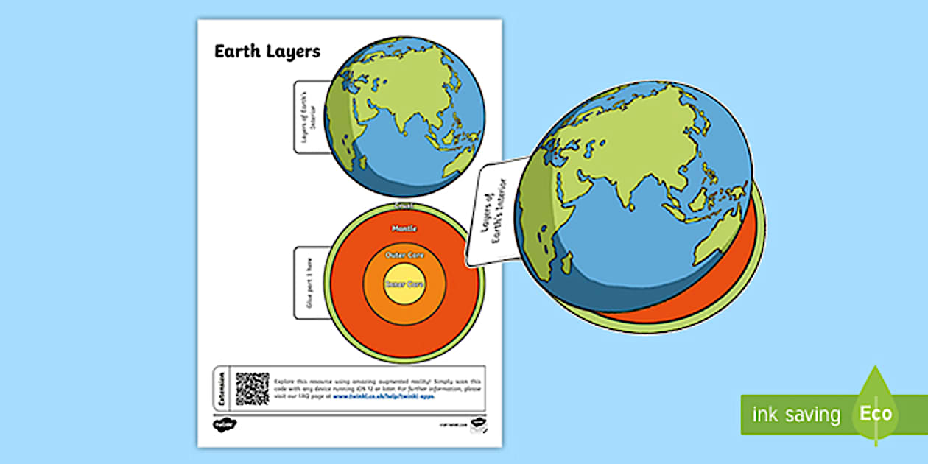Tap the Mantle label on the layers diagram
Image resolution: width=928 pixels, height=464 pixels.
[403, 229]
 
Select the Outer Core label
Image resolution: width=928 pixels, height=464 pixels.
[403, 255]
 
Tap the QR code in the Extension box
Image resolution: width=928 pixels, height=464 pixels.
[252, 387]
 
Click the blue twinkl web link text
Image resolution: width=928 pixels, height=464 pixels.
[383, 396]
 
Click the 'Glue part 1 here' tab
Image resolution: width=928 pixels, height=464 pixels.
[308, 283]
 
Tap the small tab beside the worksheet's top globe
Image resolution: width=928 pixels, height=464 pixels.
[309, 116]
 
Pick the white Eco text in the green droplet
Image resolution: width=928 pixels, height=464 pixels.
[875, 413]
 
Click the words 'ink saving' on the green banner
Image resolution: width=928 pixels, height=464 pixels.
[795, 415]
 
